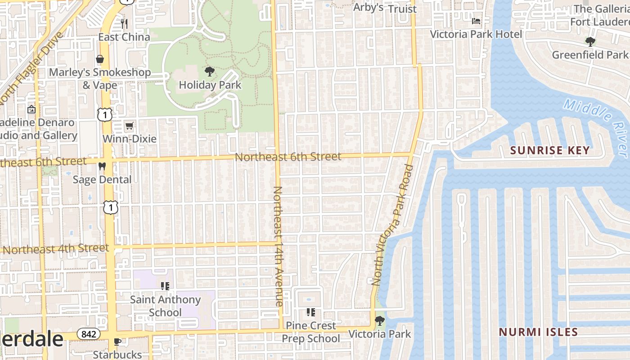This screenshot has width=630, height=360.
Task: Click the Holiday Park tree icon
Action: pyautogui.click(x=209, y=72)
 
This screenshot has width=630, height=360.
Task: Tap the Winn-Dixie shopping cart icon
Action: pyautogui.click(x=129, y=126)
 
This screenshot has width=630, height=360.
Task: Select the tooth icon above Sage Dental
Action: pyautogui.click(x=102, y=166)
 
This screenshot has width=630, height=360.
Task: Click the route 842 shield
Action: pyautogui.click(x=88, y=334)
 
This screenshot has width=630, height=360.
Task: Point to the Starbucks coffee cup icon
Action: pyautogui.click(x=117, y=342)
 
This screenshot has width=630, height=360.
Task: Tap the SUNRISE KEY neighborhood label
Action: pyautogui.click(x=550, y=150)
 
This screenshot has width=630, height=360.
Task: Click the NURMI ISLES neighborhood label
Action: pyautogui.click(x=538, y=332)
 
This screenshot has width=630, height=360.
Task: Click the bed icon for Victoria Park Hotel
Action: pyautogui.click(x=476, y=21)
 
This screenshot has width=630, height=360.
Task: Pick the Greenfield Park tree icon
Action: pyautogui.click(x=590, y=42)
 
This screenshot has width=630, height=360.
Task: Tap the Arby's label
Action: pyautogui.click(x=368, y=8)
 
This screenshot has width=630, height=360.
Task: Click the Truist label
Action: pyautogui.click(x=402, y=9)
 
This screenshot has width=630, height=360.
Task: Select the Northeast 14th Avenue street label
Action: pyautogui.click(x=279, y=246)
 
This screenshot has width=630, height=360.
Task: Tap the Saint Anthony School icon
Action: pyautogui.click(x=165, y=286)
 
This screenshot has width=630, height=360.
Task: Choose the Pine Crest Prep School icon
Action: pyautogui.click(x=310, y=312)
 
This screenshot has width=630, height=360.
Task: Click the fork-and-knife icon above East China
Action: pyautogui.click(x=124, y=23)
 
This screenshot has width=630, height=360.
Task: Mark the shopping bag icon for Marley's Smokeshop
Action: pyautogui.click(x=99, y=59)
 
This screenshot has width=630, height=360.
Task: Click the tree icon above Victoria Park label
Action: pyautogui.click(x=380, y=321)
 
